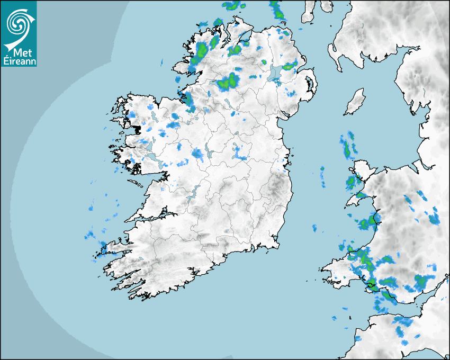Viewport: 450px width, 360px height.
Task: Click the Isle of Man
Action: (x=355, y=102)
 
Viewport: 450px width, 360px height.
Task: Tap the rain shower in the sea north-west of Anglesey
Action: (x=347, y=145)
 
